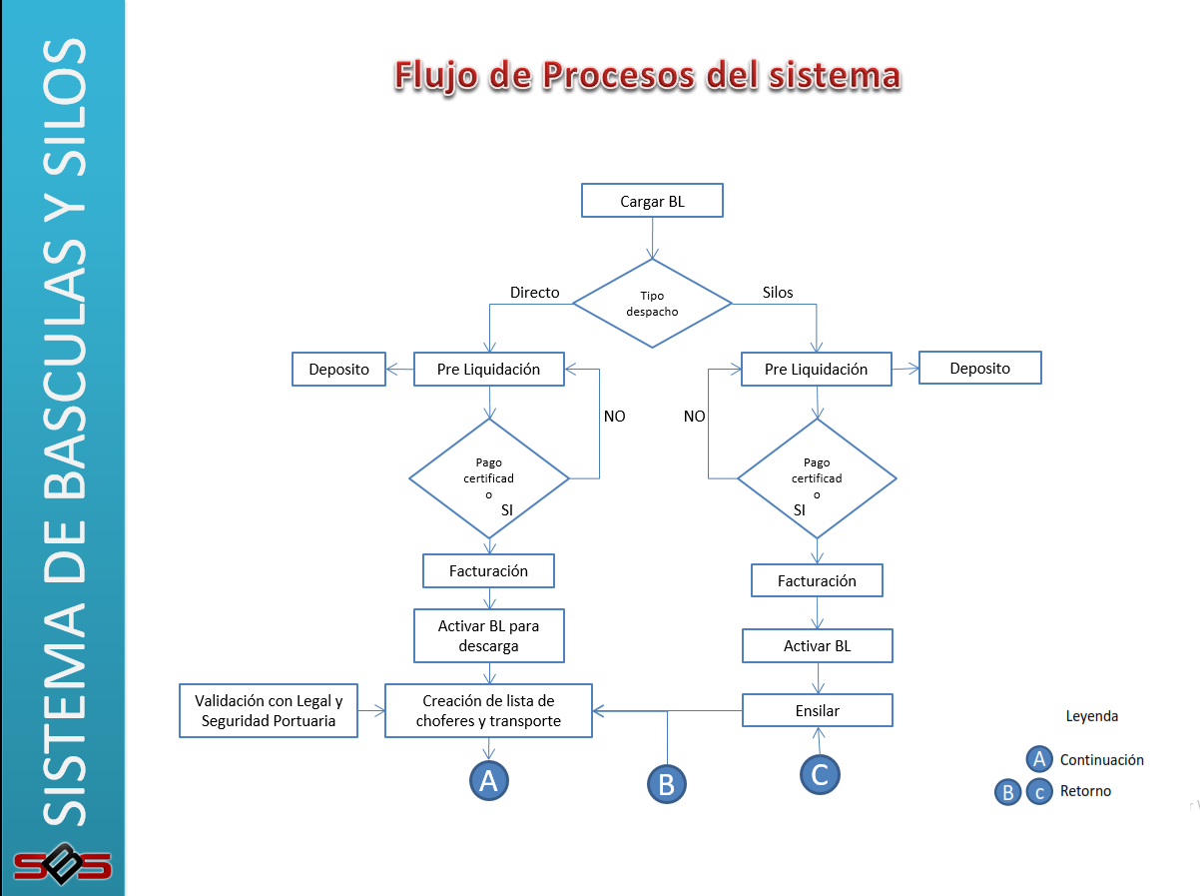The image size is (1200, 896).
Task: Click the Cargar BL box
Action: [x=652, y=201]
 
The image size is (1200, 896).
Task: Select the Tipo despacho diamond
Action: [x=652, y=303]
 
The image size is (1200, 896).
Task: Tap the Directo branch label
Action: [x=534, y=293]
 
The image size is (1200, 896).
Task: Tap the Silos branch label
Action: [x=778, y=293]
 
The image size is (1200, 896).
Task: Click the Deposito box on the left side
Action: [x=338, y=370]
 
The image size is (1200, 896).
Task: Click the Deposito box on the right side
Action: [x=979, y=368]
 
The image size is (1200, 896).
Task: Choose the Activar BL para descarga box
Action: [x=488, y=635]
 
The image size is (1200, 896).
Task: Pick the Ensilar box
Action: [x=817, y=711]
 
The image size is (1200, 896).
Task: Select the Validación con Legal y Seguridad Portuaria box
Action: [x=269, y=711]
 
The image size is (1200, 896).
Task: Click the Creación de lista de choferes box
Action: [x=488, y=711]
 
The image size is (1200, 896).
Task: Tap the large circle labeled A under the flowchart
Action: [x=489, y=780]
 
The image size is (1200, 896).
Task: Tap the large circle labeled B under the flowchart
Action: [x=666, y=784]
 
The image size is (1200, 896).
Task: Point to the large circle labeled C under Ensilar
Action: [x=820, y=774]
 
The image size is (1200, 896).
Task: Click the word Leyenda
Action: [x=1092, y=716]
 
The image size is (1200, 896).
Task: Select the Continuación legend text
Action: [x=1101, y=760]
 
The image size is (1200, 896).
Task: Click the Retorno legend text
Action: [x=1085, y=791]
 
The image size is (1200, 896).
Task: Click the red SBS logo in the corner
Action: [x=62, y=863]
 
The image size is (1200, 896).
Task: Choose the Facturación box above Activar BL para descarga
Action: [x=488, y=571]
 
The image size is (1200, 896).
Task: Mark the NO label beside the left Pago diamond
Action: [x=614, y=416]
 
